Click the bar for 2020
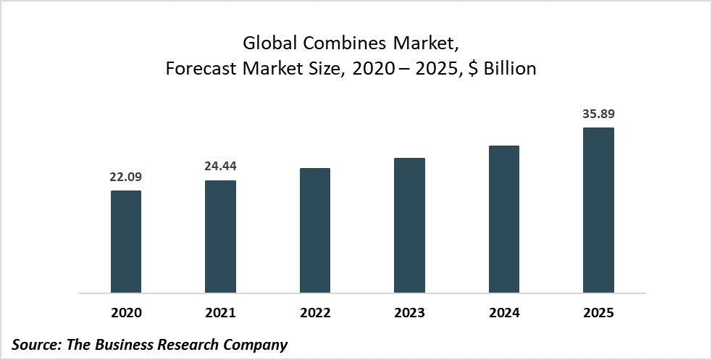[126, 242]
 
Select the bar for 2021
[220, 237]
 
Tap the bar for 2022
[315, 230]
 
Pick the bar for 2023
[409, 225]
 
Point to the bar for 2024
[504, 219]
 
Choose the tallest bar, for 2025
[598, 211]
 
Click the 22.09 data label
[126, 177]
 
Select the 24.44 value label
[220, 166]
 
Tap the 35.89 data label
[598, 114]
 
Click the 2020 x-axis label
[126, 313]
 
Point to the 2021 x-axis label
[220, 313]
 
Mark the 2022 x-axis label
[315, 313]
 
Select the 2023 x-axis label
[409, 313]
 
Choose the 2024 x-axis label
[504, 313]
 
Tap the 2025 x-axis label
[598, 313]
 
